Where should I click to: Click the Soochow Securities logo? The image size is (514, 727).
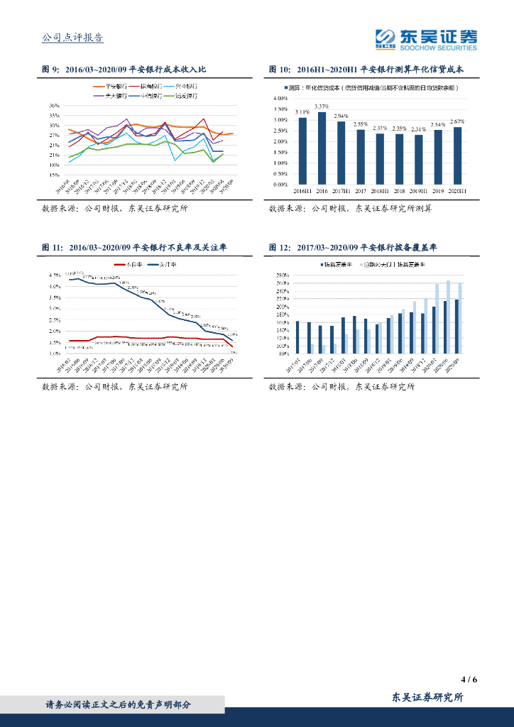(426, 40)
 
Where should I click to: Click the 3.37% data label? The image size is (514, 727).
(322, 106)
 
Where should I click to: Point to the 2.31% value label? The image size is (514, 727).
(419, 129)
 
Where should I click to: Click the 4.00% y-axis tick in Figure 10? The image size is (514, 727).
(280, 98)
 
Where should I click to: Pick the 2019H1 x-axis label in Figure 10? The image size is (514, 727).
(419, 191)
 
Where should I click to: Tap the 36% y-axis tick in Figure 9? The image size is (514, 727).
(54, 105)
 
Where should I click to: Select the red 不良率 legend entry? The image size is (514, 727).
(127, 266)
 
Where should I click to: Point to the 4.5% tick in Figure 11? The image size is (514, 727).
(54, 275)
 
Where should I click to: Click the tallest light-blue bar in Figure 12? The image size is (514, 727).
(449, 317)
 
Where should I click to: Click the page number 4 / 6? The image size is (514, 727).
(469, 679)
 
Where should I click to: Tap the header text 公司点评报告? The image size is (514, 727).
(73, 38)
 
